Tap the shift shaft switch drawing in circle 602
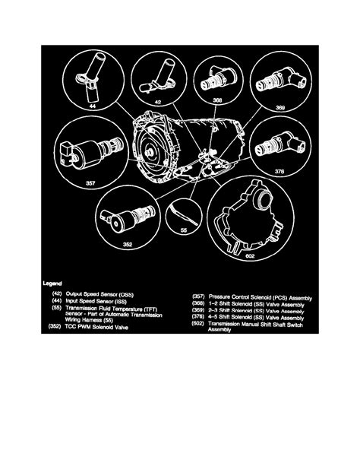268,217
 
